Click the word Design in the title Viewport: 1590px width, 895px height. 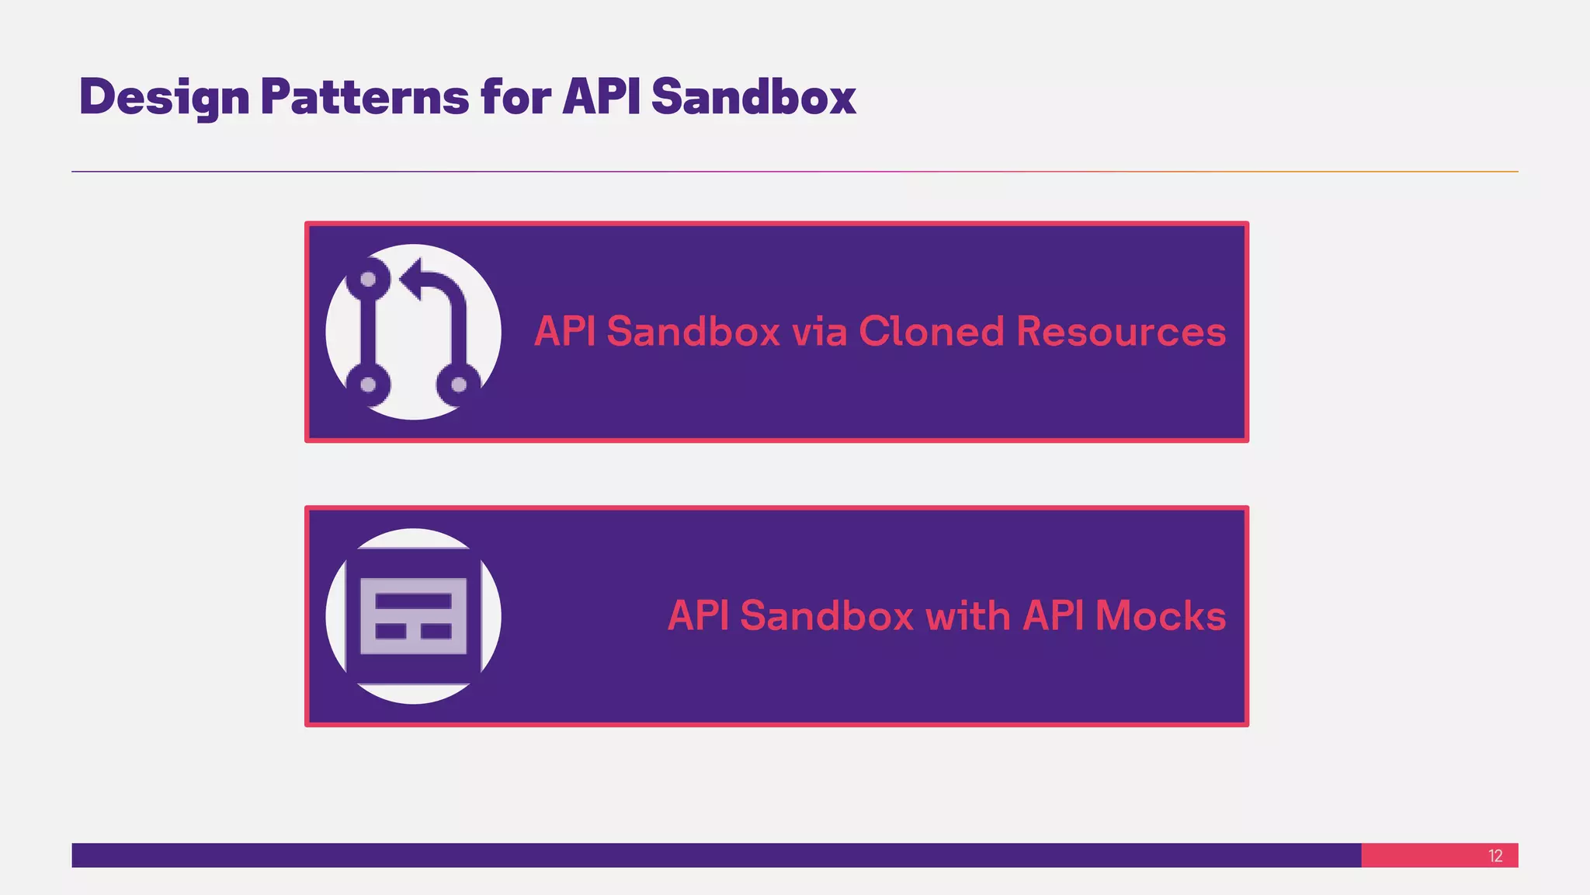pyautogui.click(x=164, y=97)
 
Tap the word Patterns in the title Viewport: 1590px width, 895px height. pyautogui.click(x=364, y=97)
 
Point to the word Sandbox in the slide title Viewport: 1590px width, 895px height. pyautogui.click(x=753, y=97)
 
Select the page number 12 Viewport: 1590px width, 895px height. pyautogui.click(x=1495, y=856)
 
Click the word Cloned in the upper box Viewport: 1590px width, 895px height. pyautogui.click(x=932, y=332)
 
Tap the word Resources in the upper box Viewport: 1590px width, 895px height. pyautogui.click(x=1121, y=332)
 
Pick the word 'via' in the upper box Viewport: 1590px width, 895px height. pyautogui.click(x=819, y=332)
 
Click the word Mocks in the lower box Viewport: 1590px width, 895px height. pyautogui.click(x=1161, y=616)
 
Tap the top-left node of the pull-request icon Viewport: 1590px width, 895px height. pyautogui.click(x=369, y=279)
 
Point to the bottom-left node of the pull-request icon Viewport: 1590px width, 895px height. pyautogui.click(x=369, y=385)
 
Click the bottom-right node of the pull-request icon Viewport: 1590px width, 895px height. pyautogui.click(x=459, y=385)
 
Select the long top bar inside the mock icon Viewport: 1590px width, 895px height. pyautogui.click(x=413, y=601)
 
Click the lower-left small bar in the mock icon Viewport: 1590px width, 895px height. pyautogui.click(x=391, y=631)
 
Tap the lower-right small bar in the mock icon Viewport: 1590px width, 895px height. pyautogui.click(x=436, y=631)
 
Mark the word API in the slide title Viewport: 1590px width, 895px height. pyautogui.click(x=601, y=97)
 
